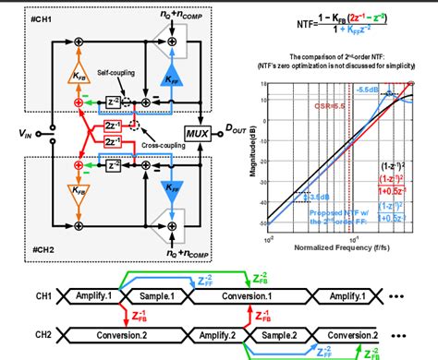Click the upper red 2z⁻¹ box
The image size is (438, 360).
(112, 125)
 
